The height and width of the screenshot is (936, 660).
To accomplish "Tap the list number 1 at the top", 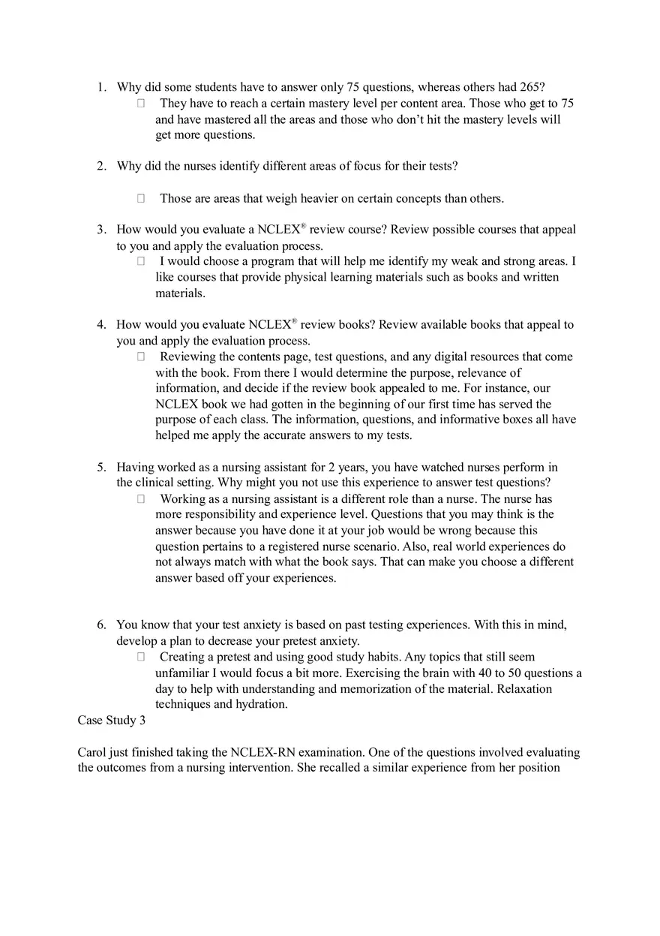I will [x=101, y=87].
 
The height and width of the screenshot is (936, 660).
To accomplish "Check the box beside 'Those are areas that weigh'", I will [x=141, y=199].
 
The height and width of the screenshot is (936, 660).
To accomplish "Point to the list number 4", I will [x=101, y=325].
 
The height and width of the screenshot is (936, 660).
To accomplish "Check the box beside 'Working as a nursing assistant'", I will [x=141, y=499].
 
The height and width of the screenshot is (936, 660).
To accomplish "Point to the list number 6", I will [x=101, y=625].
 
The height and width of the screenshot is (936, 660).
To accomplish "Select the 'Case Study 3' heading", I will [x=112, y=721].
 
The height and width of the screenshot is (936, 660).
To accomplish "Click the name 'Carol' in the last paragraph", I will [x=92, y=752].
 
